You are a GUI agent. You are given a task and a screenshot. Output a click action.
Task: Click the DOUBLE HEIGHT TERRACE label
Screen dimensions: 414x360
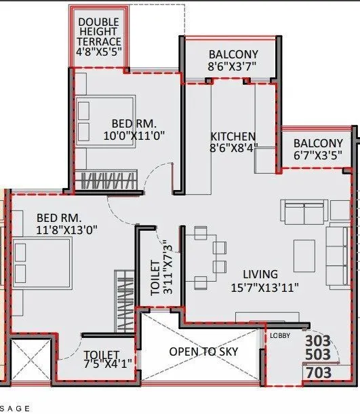click(x=99, y=31)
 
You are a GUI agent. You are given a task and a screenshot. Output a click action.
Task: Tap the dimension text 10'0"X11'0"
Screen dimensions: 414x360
click(x=134, y=135)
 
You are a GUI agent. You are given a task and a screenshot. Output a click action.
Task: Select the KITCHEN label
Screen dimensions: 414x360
click(x=233, y=136)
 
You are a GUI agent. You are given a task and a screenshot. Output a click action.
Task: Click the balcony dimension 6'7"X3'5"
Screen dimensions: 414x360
click(x=317, y=155)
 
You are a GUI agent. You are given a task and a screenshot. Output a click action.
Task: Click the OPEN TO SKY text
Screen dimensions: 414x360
click(x=203, y=352)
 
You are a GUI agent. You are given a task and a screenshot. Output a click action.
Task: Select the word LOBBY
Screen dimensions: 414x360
click(x=280, y=335)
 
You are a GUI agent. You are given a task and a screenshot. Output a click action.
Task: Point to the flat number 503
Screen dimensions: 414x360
click(x=318, y=355)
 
